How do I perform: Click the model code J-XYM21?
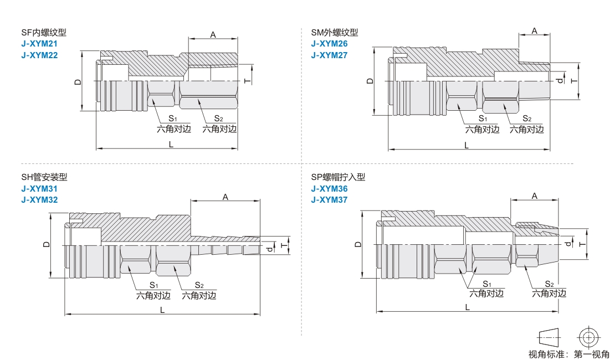coord(39,44)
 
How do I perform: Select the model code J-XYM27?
coord(329,55)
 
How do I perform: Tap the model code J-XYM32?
coord(39,199)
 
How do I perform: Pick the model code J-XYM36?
coord(329,189)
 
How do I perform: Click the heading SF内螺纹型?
coord(44,33)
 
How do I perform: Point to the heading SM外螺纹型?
coord(335,33)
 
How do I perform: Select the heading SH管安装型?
coord(44,177)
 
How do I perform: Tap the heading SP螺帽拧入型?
coord(338,177)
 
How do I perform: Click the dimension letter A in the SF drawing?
coord(213,34)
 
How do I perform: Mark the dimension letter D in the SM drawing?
coord(370,81)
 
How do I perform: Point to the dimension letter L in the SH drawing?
coord(162,310)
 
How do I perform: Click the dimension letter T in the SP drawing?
coord(582,244)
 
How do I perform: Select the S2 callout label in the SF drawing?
coord(218,119)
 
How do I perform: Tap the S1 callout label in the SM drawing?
coord(483,119)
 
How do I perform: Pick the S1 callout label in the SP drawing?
coord(487,284)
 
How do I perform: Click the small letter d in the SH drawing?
coord(269,249)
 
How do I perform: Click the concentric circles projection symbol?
coord(588,337)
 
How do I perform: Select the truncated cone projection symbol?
coord(549,337)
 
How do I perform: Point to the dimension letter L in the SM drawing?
coord(467,146)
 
